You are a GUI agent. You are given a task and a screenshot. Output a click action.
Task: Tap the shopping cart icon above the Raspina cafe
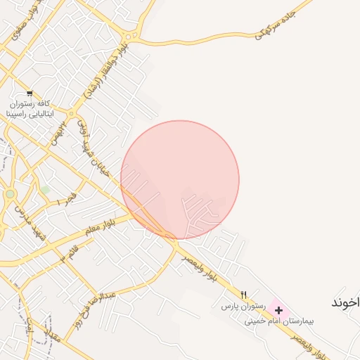point(29,93)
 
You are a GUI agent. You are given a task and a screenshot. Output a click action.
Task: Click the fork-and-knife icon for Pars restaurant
point(244,295)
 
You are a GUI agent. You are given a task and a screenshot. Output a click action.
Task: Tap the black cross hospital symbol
point(279,310)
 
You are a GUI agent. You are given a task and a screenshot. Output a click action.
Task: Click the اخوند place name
point(345,302)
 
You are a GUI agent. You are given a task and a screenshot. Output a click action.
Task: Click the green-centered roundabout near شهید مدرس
point(10,193)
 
